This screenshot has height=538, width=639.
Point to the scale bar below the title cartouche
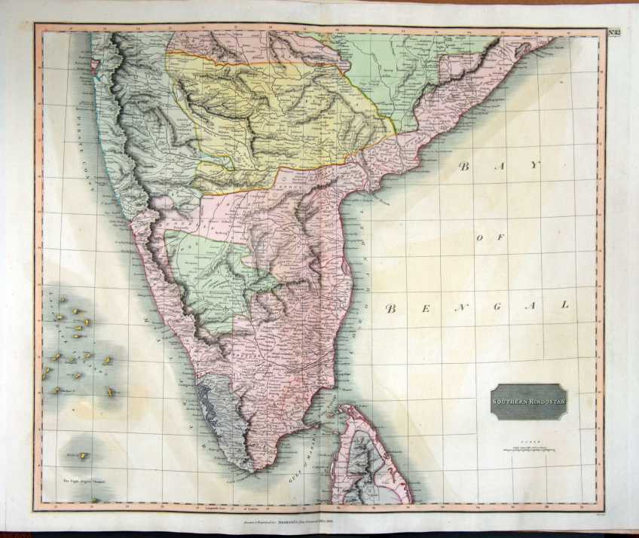pos(528,451)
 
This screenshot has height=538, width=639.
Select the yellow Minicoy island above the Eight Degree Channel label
pos(84,455)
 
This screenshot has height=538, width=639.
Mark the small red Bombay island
pos(94,73)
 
